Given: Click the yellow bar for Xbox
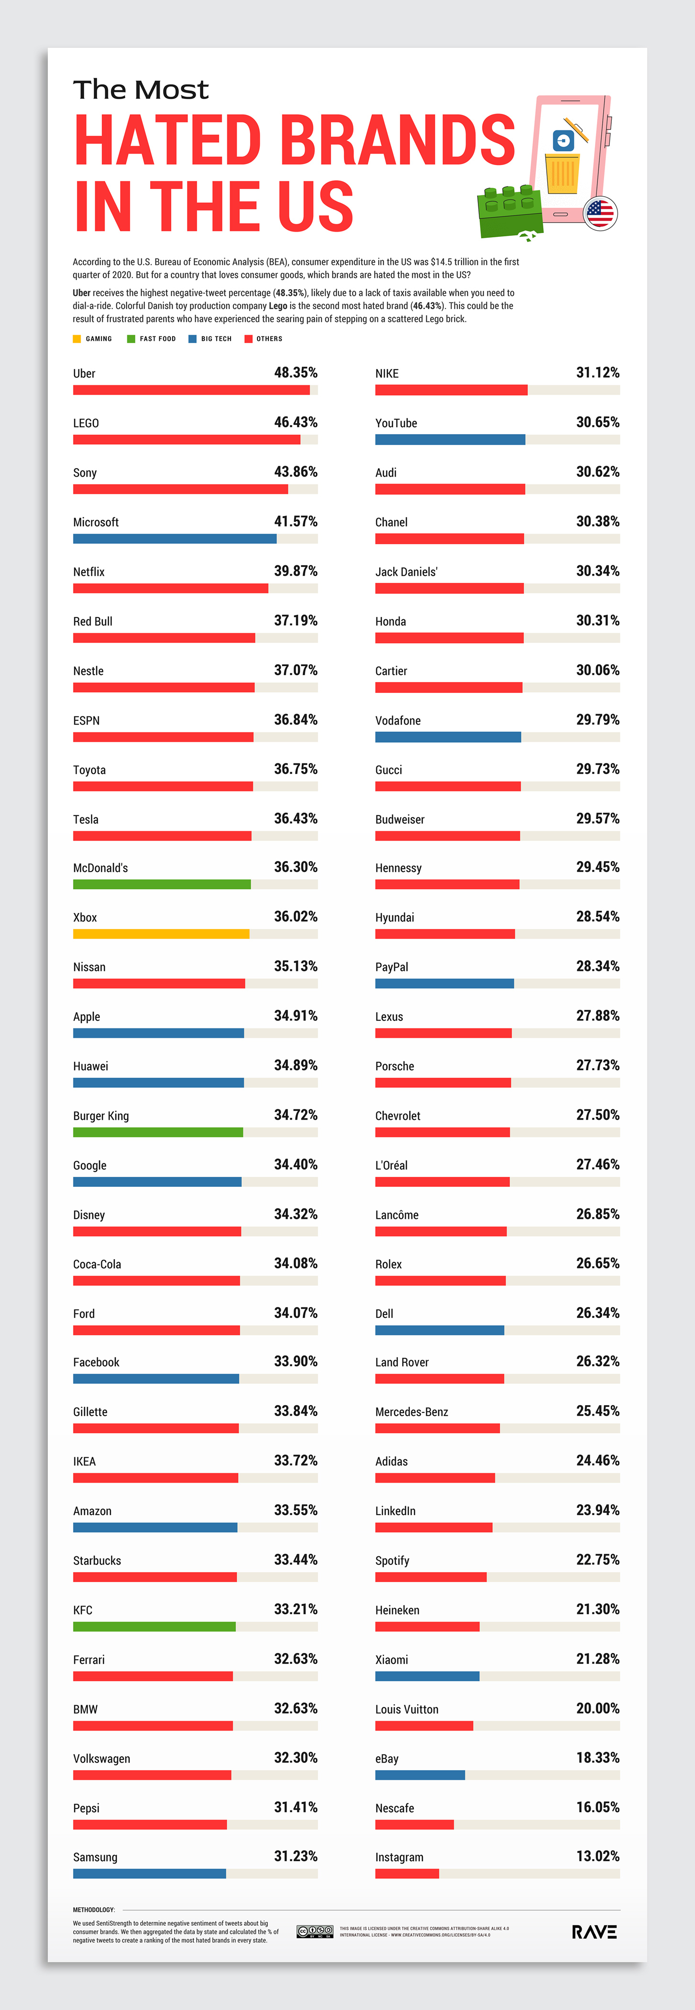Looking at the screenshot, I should tap(161, 934).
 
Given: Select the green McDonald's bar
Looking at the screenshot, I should tap(162, 884).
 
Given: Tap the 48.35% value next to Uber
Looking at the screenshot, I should tap(296, 373).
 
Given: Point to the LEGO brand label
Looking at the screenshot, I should tap(86, 423).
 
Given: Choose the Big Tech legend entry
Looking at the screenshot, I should tap(210, 339).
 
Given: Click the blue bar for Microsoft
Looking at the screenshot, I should tap(175, 538).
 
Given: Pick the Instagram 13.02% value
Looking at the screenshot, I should tap(597, 1856).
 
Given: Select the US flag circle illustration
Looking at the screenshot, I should tap(600, 212).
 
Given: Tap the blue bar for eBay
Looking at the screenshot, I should tap(419, 1775).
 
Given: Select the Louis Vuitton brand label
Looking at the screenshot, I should tap(407, 1709).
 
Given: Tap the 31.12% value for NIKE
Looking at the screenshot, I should tap(597, 373).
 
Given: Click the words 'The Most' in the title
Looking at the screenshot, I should tap(141, 90).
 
